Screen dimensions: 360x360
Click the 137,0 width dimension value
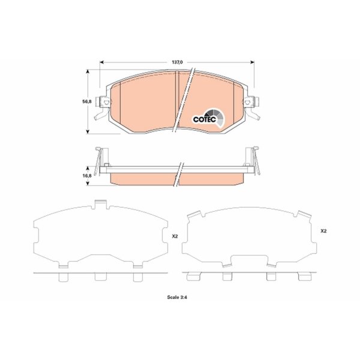coord(177,62)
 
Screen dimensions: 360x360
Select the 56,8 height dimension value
coord(87,101)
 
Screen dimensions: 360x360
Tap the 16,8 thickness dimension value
coord(87,176)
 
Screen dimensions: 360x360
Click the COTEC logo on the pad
coord(208,118)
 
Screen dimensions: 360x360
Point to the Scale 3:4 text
coord(177,297)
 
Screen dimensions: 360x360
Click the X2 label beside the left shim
coord(175,236)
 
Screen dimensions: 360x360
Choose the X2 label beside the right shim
coord(323,231)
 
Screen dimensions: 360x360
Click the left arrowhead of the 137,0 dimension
coord(102,62)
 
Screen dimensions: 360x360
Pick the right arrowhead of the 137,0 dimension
coord(252,62)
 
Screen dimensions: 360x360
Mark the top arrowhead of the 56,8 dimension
coord(87,72)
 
